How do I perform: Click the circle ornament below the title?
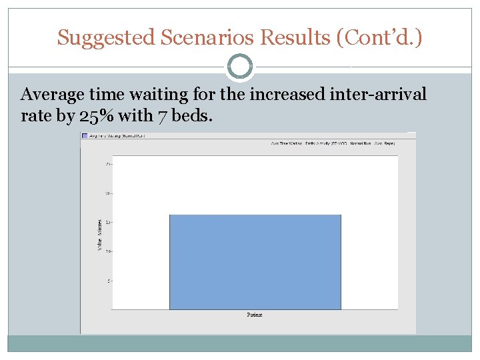pyautogui.click(x=239, y=67)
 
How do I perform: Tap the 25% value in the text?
pyautogui.click(x=98, y=116)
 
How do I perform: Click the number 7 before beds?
pyautogui.click(x=163, y=116)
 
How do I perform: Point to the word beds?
pyautogui.click(x=193, y=116)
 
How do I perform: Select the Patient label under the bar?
pyautogui.click(x=255, y=315)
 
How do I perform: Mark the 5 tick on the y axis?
pyautogui.click(x=109, y=281)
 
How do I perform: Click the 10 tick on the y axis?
pyautogui.click(x=108, y=251)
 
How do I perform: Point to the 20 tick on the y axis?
pyautogui.click(x=108, y=193)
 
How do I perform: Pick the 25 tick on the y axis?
pyautogui.click(x=108, y=164)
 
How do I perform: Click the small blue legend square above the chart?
pyautogui.click(x=85, y=135)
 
